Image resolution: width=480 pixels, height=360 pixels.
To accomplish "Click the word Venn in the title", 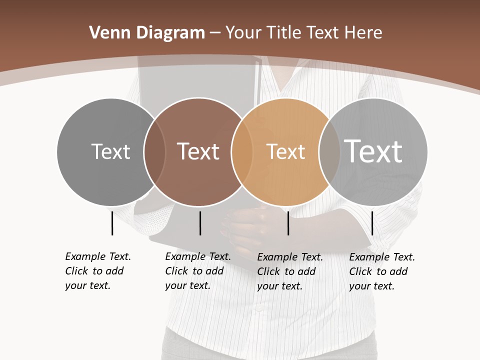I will point(108,33).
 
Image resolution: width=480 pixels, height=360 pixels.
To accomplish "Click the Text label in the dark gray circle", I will point(110,151).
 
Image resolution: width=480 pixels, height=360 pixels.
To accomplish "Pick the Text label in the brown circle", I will point(198,151).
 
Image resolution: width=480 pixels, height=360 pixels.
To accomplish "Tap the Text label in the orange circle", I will point(285,151).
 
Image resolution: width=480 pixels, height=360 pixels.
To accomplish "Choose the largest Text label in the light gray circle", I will point(373,151).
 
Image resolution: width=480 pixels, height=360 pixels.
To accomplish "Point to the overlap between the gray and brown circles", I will point(154,151).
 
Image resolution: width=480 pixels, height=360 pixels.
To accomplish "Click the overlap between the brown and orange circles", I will point(241,151).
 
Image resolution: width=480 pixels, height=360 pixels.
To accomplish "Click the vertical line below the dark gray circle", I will point(112,223).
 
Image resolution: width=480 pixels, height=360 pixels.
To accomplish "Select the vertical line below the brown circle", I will point(200,223).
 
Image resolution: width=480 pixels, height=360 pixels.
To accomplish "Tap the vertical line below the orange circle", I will point(288,223).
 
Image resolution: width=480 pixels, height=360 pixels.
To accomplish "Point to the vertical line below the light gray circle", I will point(372,223).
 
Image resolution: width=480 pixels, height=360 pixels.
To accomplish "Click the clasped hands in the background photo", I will point(245,225).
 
